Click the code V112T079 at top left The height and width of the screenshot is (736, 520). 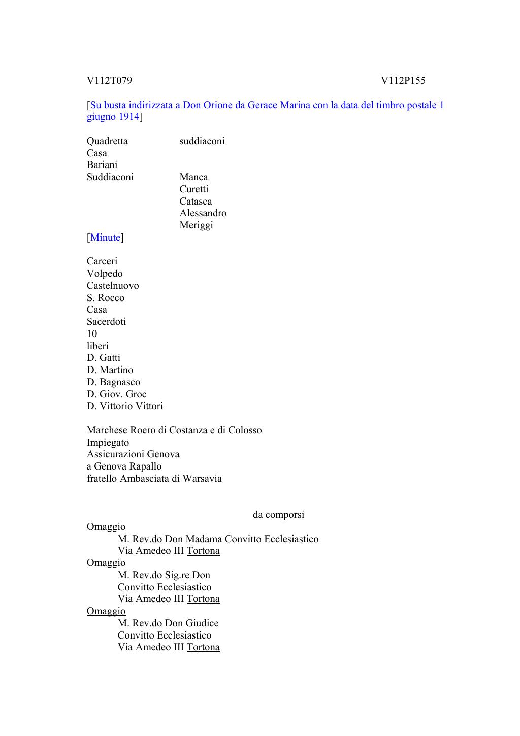[109, 81]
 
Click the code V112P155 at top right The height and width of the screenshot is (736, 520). [403, 81]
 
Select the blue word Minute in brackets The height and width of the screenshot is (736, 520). [106, 238]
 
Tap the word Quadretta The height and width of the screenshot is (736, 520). [107, 141]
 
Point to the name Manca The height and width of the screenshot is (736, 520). [193, 177]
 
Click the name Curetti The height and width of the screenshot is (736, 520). [193, 189]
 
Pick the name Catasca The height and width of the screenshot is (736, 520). [196, 202]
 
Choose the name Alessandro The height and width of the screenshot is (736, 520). [203, 213]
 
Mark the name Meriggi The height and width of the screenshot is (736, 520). [196, 225]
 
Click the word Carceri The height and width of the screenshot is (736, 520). [102, 261]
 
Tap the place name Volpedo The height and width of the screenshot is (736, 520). [105, 274]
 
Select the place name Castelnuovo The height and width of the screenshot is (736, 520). [113, 286]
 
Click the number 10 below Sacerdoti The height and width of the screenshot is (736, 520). [92, 334]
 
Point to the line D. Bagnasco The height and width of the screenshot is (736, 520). [113, 382]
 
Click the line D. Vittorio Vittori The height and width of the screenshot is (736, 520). [125, 406]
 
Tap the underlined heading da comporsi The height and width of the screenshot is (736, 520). [278, 515]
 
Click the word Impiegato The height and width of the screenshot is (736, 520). [108, 443]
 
